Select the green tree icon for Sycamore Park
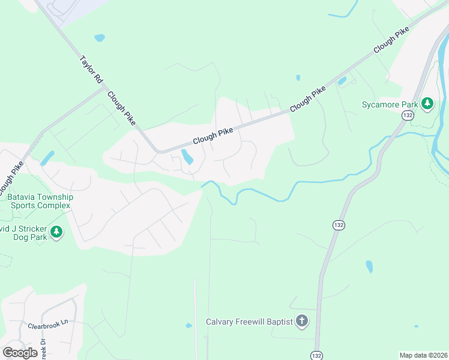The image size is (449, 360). (x=427, y=103)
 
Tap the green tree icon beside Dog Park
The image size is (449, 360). (x=56, y=232)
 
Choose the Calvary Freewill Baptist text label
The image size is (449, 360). (x=249, y=322)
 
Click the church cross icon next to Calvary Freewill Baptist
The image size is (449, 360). (x=301, y=322)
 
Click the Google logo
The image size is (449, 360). (x=20, y=353)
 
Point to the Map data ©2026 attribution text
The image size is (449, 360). (x=423, y=355)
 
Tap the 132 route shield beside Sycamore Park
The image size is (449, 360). (x=408, y=115)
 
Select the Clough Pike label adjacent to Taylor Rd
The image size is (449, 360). (x=122, y=108)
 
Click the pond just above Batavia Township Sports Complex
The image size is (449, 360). (x=47, y=158)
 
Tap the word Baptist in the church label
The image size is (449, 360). (x=279, y=322)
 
